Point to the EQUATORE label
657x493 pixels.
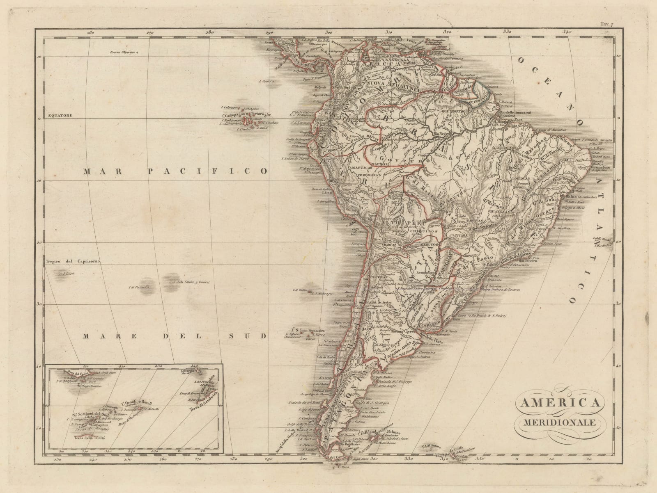60,116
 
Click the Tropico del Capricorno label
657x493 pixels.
73,261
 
